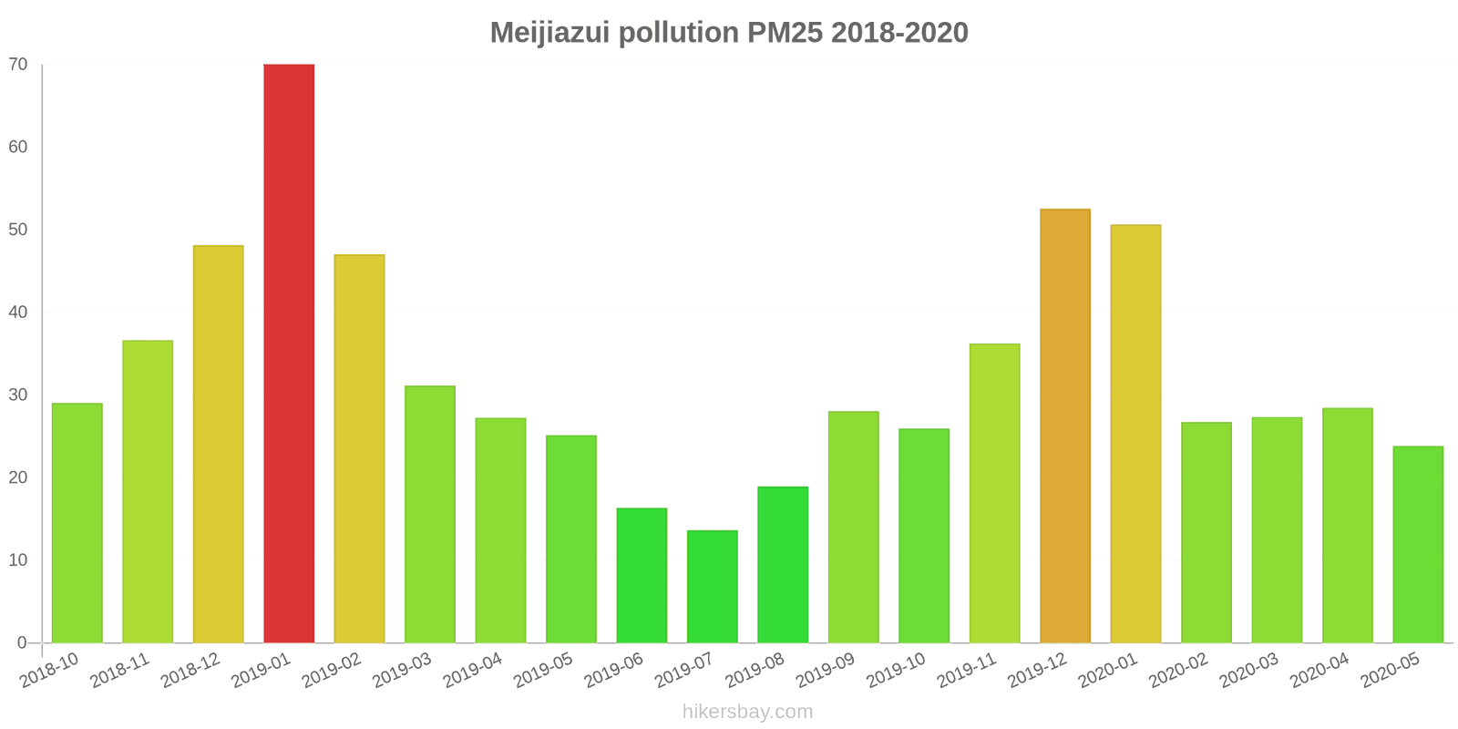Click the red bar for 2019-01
point(289,354)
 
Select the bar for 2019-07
point(712,587)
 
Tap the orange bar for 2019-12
point(1064,426)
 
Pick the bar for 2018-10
point(77,523)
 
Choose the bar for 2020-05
point(1418,544)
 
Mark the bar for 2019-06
point(642,575)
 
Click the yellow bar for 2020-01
point(1135,434)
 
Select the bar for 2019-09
point(853,527)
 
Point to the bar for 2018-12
point(218,444)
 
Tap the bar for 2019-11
point(994,493)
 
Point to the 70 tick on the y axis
point(18,65)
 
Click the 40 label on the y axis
point(18,313)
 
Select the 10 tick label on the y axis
point(18,560)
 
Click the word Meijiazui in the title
point(549,33)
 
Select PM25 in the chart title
point(784,33)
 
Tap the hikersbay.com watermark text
point(747,712)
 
